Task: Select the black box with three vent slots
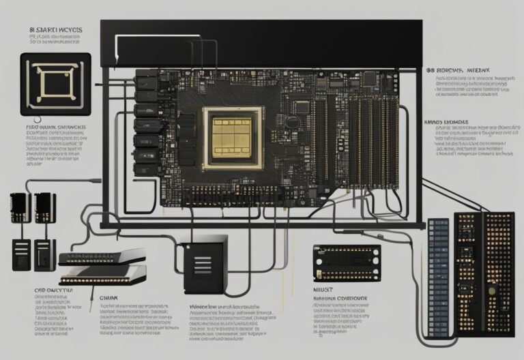pyautogui.click(x=203, y=263)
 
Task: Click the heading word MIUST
pyautogui.click(x=323, y=289)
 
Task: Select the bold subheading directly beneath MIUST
pyautogui.click(x=340, y=299)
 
